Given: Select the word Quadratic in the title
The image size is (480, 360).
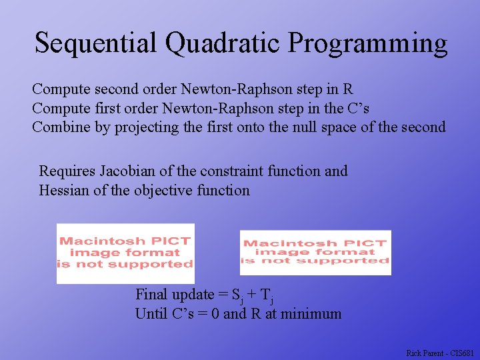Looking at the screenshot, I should tap(223, 43).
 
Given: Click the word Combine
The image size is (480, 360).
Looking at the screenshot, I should tap(61, 127).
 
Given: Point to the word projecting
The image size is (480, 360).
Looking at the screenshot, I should tap(145, 128).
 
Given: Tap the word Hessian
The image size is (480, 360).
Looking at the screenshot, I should tap(65, 190).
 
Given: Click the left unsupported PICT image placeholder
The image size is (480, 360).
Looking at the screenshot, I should tap(125, 253).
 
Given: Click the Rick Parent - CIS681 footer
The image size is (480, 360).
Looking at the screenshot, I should tap(440, 353).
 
